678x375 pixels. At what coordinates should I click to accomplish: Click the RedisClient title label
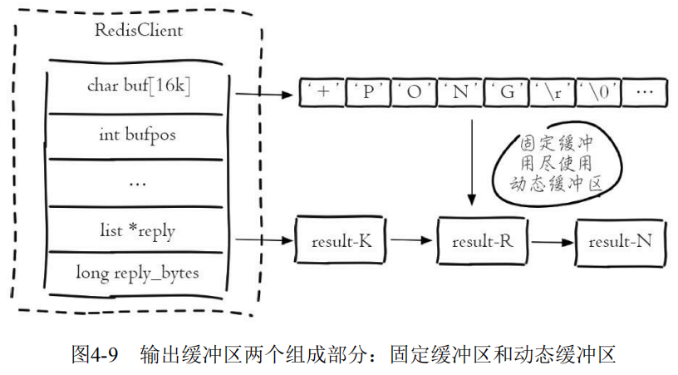click(x=139, y=32)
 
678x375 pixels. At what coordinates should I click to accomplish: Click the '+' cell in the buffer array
click(x=321, y=91)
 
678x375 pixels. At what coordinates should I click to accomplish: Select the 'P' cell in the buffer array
click(x=366, y=91)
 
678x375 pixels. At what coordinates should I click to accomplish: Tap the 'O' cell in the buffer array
click(x=412, y=91)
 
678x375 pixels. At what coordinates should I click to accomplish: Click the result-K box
click(x=341, y=241)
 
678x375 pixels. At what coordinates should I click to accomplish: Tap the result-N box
click(x=620, y=241)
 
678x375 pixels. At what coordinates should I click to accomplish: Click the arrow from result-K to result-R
click(x=413, y=241)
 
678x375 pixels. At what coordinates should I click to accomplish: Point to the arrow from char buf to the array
click(x=265, y=94)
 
